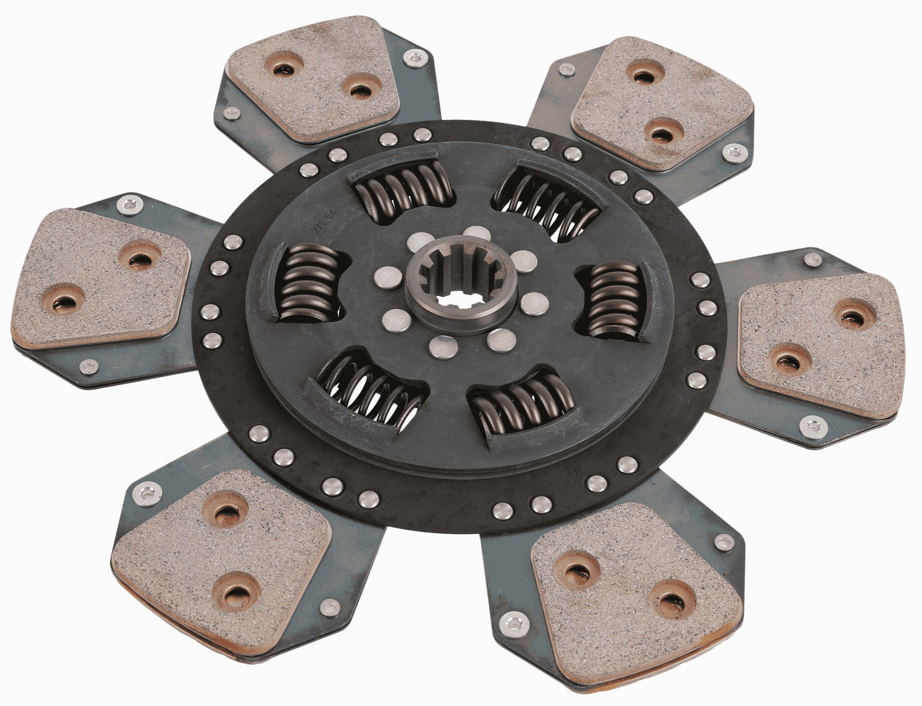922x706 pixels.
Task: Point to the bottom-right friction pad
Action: (633, 590)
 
